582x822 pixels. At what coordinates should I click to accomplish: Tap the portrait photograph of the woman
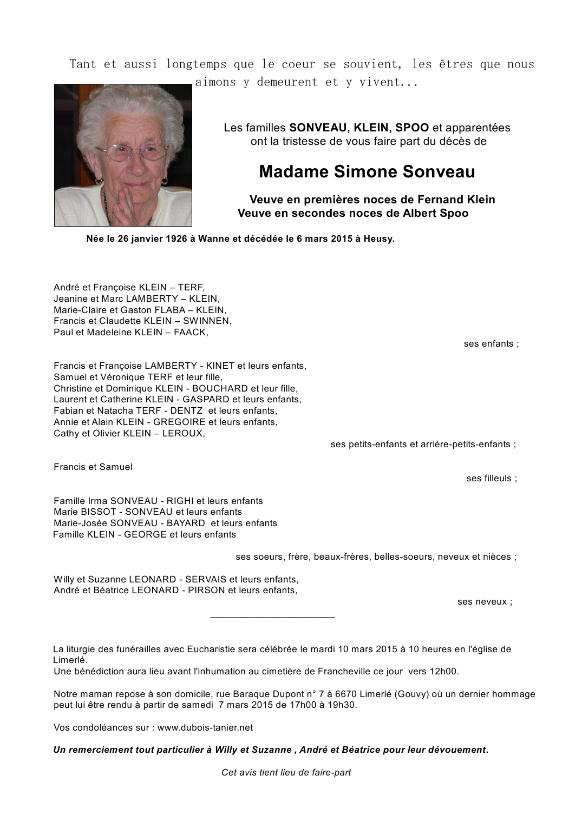(123, 155)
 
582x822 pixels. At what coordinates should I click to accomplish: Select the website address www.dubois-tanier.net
(205, 727)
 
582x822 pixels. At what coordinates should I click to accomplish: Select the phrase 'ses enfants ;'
(491, 343)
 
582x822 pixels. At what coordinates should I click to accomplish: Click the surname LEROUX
(185, 433)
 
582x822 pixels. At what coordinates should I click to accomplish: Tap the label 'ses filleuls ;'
(492, 478)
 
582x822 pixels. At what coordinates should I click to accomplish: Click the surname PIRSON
(206, 590)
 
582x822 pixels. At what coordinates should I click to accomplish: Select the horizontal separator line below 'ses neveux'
(272, 616)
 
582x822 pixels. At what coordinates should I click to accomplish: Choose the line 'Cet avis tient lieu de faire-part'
(286, 772)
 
